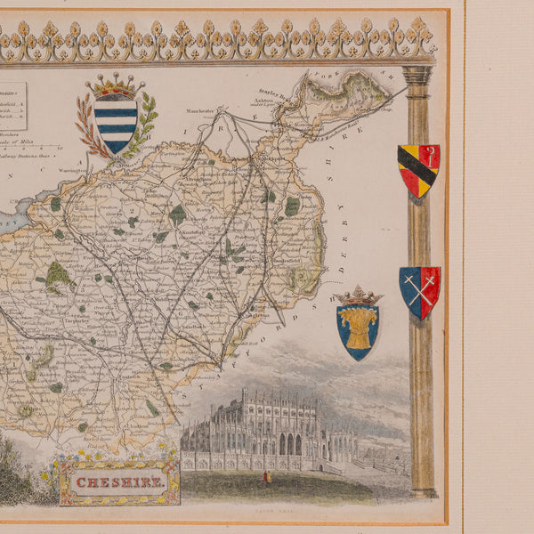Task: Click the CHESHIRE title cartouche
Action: pos(118,482)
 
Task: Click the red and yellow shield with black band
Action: pos(417,170)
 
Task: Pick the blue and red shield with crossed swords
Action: pos(419,291)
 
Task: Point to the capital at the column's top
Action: pos(417,76)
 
